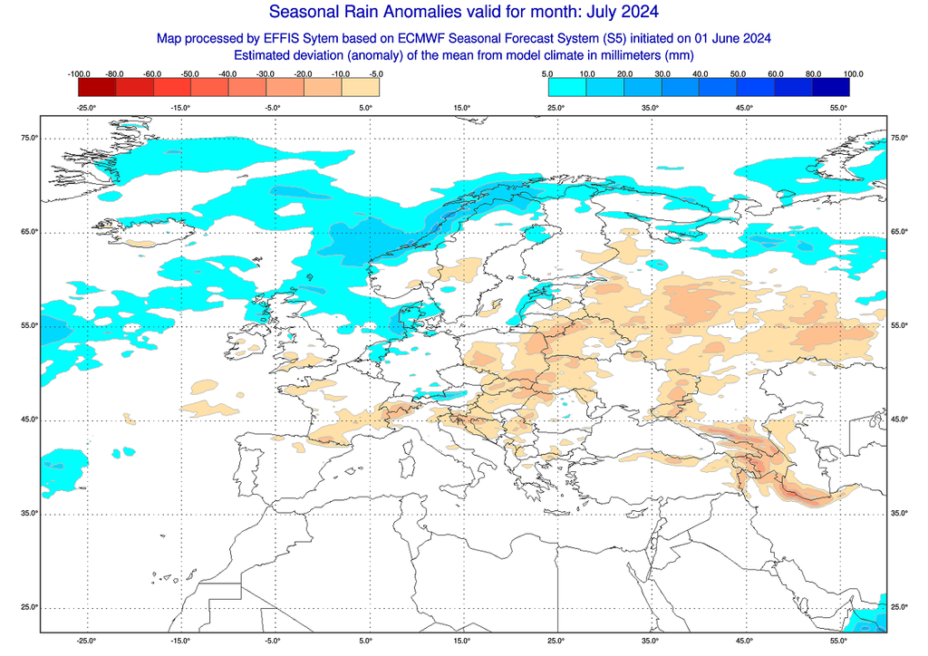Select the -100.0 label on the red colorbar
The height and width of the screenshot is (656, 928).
79,72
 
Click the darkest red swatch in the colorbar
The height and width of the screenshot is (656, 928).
97,87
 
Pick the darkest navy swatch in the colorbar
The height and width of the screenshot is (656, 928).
830,87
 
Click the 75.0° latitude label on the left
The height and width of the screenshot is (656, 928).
29,138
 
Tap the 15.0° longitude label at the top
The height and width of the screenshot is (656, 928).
462,108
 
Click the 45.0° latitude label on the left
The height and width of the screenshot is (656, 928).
29,420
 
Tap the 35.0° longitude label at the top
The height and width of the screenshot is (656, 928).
651,108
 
